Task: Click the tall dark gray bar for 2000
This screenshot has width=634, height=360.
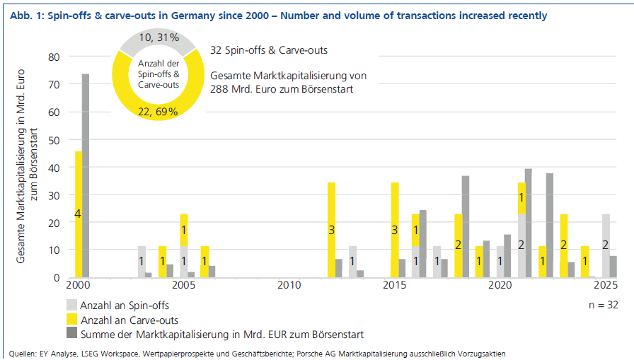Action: pos(86,176)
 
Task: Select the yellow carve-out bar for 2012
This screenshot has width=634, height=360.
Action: pos(331,230)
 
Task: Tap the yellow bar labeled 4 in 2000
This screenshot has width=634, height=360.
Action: pos(79,214)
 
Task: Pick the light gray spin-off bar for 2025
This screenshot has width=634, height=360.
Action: pos(606,245)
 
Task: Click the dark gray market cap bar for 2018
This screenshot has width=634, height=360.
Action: pos(466,226)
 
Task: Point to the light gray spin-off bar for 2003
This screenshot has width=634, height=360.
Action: pos(142,262)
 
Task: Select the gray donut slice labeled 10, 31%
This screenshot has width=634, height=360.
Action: pos(158,42)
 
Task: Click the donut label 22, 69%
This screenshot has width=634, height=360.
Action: pos(158,112)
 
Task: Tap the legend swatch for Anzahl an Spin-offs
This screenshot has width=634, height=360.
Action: pos(71,305)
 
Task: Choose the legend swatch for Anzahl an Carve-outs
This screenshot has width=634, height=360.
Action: pos(71,319)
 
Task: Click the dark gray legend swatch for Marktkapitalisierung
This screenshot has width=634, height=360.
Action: pos(71,333)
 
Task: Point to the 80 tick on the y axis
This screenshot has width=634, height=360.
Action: pos(54,57)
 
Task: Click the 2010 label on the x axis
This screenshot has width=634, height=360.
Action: pos(289,285)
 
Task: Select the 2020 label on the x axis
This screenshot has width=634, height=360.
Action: pos(500,285)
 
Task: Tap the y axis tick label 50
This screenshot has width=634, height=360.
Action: pos(54,141)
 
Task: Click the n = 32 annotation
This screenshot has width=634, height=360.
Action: pos(604,305)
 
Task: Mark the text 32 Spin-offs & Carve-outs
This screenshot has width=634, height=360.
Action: pos(269,50)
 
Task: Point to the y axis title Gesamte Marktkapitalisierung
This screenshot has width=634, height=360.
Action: pos(21,166)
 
